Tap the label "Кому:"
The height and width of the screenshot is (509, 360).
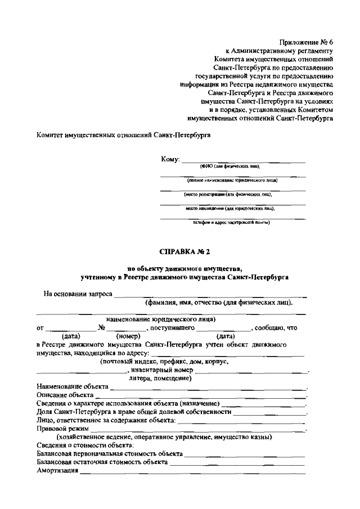click(x=170, y=160)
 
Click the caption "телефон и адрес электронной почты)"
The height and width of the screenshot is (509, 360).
click(x=232, y=222)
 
